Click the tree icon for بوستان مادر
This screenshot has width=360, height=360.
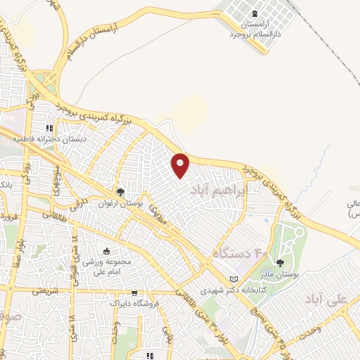point(281,263)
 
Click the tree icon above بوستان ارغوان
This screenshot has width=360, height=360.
point(121,191)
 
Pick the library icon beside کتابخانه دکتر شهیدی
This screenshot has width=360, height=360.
point(244,279)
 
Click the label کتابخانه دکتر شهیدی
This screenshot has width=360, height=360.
point(211,289)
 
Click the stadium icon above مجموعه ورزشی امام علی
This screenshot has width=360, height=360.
point(106,251)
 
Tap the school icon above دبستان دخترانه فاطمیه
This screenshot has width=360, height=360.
point(49,129)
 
